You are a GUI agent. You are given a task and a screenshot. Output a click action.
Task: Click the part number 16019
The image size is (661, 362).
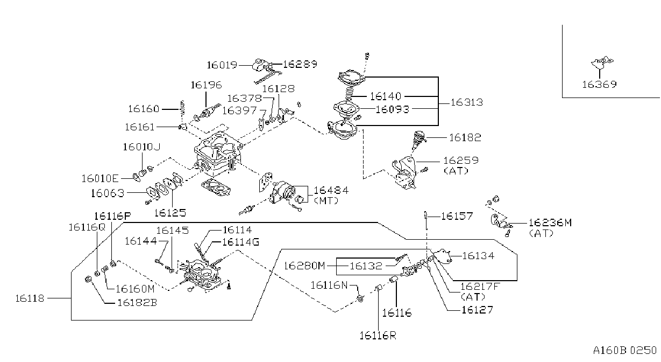pos(222,65)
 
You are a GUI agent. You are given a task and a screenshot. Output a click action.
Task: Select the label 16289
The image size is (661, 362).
pos(300,64)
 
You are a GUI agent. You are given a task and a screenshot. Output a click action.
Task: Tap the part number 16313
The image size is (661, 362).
pos(467,102)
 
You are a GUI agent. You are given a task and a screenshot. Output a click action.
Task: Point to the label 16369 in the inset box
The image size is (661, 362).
pos(599,85)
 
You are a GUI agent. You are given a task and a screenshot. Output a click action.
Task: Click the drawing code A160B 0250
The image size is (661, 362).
pos(625,350)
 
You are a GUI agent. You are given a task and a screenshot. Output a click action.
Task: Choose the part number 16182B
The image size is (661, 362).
pos(137,303)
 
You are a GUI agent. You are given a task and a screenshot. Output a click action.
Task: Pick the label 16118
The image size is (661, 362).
pos(30,298)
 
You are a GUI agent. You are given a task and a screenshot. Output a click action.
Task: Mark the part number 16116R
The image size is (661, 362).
pos(378,336)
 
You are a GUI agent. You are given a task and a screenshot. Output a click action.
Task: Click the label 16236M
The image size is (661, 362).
pos(550,222)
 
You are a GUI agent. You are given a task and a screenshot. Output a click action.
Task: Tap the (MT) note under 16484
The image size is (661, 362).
pos(326,200)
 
